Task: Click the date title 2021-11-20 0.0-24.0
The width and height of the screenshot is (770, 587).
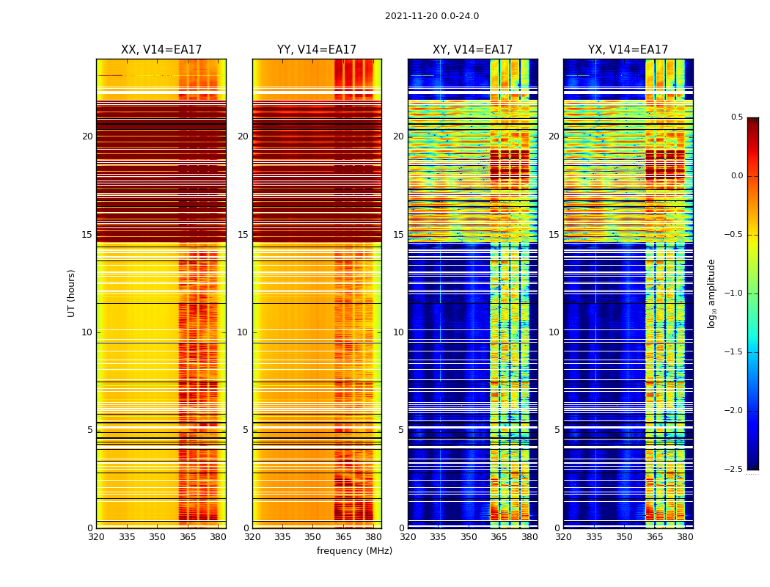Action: [x=432, y=16]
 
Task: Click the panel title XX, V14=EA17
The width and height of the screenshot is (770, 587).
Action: [x=161, y=50]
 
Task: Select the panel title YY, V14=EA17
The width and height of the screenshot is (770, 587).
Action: [x=317, y=50]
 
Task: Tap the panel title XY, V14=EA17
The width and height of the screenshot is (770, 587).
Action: [x=472, y=50]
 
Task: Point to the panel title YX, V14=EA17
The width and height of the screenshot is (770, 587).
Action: [x=628, y=50]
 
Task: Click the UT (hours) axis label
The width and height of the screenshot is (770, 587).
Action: [x=72, y=293]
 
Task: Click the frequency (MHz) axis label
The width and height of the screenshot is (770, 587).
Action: [x=354, y=551]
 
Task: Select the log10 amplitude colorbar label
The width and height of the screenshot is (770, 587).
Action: [x=711, y=293]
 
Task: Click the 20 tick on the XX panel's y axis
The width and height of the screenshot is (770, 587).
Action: [x=88, y=136]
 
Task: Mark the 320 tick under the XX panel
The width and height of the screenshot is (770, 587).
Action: [x=96, y=537]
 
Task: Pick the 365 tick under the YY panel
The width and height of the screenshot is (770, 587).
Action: [x=343, y=537]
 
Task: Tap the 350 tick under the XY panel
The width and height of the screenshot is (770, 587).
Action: [x=469, y=537]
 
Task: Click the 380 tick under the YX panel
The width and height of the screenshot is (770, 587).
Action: [x=685, y=537]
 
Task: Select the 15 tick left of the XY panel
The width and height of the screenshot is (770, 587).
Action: [x=399, y=235]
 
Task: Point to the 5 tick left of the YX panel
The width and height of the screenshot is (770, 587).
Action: [x=557, y=430]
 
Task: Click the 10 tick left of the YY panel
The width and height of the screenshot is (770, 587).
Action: [x=243, y=332]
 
